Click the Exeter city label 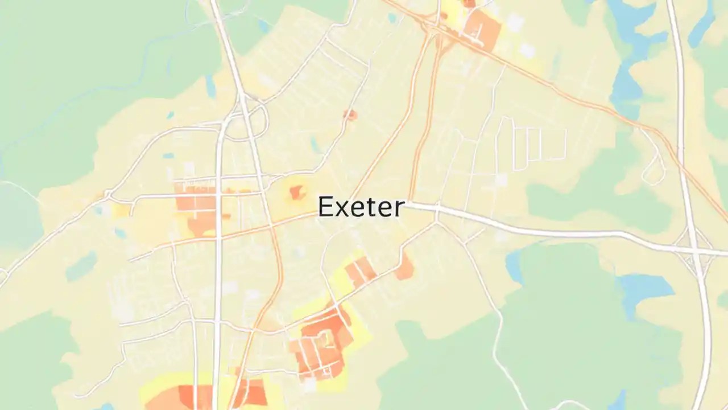click(361, 207)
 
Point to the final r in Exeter click(398, 209)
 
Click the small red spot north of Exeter click(350, 115)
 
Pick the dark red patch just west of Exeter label click(297, 192)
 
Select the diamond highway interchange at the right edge click(694, 251)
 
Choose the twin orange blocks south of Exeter click(361, 272)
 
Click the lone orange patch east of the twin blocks click(405, 268)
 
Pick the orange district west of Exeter click(196, 205)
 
